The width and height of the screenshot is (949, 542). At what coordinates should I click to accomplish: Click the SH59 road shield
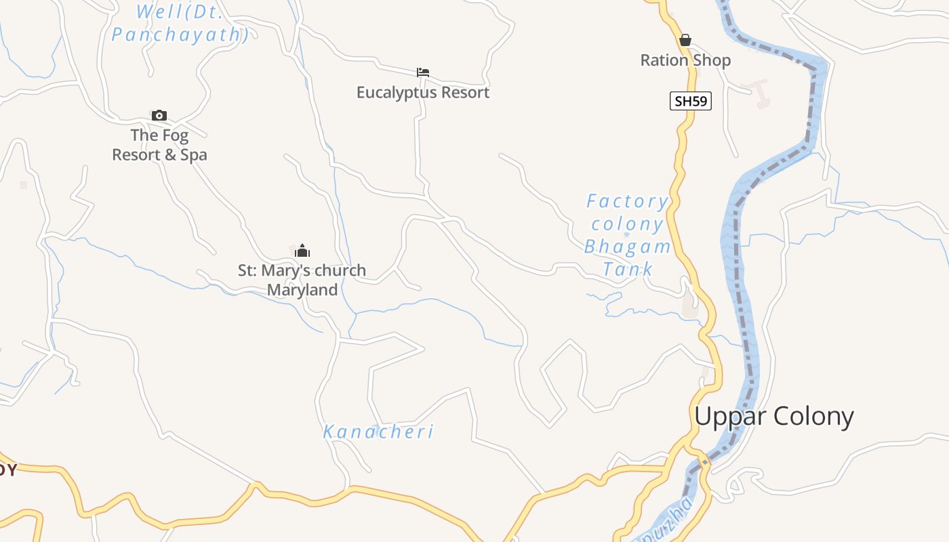pos(691,102)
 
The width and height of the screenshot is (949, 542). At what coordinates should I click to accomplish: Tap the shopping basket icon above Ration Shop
pos(685,40)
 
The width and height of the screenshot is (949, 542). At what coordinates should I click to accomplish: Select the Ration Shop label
pos(685,60)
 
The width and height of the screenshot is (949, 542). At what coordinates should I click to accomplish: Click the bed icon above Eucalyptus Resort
pos(423,72)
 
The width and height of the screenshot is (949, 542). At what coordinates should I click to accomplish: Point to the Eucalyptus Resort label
pos(423,92)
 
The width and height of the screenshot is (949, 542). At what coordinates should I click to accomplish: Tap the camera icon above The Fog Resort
pos(159,115)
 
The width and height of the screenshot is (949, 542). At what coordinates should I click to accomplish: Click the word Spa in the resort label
pos(194,155)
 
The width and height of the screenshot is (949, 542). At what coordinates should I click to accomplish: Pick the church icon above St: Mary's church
pos(302,251)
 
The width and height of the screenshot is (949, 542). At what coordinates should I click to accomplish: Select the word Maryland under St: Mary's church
pos(302,290)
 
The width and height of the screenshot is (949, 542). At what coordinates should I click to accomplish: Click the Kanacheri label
pos(378,432)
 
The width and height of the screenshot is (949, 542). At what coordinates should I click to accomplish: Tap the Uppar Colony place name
pos(773,416)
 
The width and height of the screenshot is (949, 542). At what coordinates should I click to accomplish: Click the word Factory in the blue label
pos(627,201)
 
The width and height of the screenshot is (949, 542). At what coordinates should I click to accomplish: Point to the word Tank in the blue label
pos(628,269)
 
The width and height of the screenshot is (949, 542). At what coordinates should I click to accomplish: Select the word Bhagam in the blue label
pos(628,247)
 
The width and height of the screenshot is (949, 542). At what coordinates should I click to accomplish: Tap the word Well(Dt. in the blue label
pos(179,12)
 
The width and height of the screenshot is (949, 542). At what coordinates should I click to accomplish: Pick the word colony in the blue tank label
pos(627,224)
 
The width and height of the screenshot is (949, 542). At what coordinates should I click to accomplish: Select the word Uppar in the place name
pos(729,416)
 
